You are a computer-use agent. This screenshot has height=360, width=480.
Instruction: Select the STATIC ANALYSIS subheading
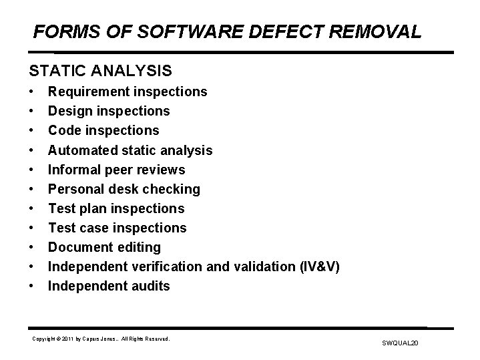click(x=100, y=69)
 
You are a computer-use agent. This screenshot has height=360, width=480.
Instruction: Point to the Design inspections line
click(x=109, y=111)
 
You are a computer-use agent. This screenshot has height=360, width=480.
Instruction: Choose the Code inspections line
click(x=103, y=130)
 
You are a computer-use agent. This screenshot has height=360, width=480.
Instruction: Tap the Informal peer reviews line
click(x=116, y=170)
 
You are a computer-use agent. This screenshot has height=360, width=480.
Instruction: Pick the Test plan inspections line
click(x=115, y=208)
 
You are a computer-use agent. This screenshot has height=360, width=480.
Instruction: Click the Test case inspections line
click(x=117, y=228)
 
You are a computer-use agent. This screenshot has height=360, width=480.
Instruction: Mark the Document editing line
click(x=104, y=247)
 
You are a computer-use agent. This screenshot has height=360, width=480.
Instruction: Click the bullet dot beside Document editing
click(x=31, y=248)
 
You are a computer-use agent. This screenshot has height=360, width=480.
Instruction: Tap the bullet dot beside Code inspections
click(x=31, y=131)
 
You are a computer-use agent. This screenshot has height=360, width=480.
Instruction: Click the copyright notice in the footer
click(x=101, y=339)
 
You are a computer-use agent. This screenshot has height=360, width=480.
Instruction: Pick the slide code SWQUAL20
click(x=399, y=343)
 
